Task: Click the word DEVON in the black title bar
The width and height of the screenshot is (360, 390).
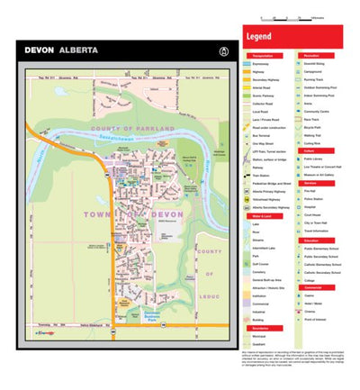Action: [x=40, y=50]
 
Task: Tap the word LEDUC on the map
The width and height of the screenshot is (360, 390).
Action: [x=209, y=274]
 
